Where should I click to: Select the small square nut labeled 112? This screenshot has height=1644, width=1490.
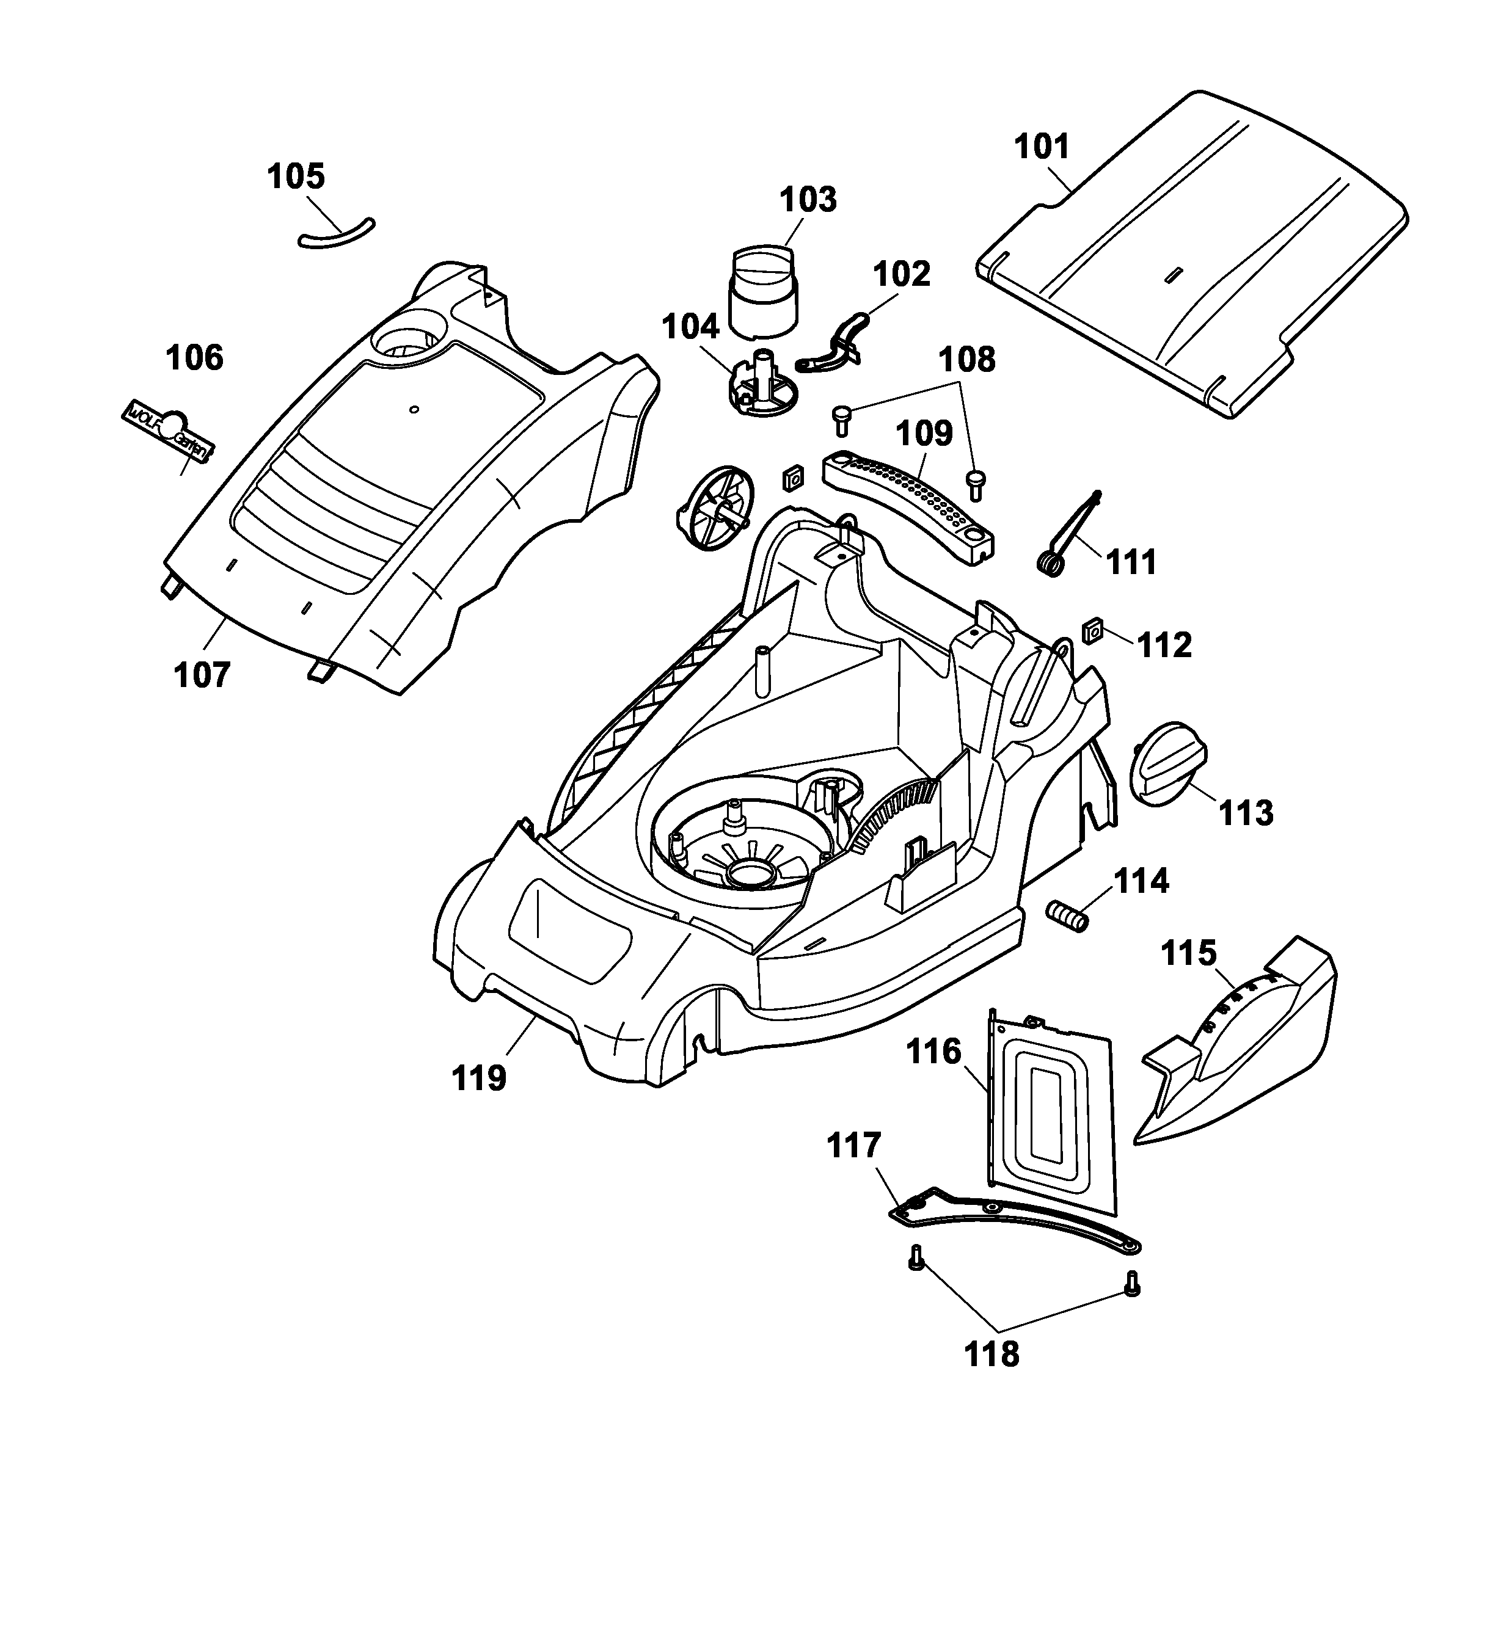point(1092,632)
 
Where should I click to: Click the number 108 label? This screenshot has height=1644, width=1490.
point(966,360)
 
